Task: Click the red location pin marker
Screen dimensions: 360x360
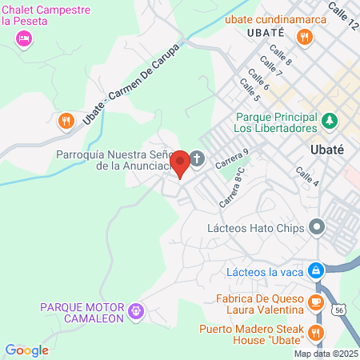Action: pyautogui.click(x=181, y=162)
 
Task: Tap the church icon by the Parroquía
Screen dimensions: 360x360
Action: pyautogui.click(x=197, y=158)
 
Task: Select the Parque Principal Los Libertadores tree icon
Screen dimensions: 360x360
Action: pyautogui.click(x=330, y=121)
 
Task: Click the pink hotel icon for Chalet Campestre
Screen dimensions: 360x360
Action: pyautogui.click(x=25, y=38)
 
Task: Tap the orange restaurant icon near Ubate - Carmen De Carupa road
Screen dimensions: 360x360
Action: pyautogui.click(x=66, y=121)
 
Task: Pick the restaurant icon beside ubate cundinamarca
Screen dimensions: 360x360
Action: pyautogui.click(x=304, y=37)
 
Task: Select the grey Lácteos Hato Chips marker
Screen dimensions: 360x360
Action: pyautogui.click(x=318, y=227)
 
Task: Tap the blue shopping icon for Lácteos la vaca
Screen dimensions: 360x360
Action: pyautogui.click(x=317, y=270)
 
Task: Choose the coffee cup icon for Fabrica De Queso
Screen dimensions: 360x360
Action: pyautogui.click(x=316, y=301)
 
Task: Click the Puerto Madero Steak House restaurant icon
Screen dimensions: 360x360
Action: pyautogui.click(x=316, y=332)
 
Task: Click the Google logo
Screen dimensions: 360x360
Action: pyautogui.click(x=26, y=350)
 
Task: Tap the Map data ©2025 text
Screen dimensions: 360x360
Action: pyautogui.click(x=326, y=353)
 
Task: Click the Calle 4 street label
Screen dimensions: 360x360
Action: pyautogui.click(x=307, y=177)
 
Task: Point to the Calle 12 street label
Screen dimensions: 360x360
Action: pyautogui.click(x=342, y=16)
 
